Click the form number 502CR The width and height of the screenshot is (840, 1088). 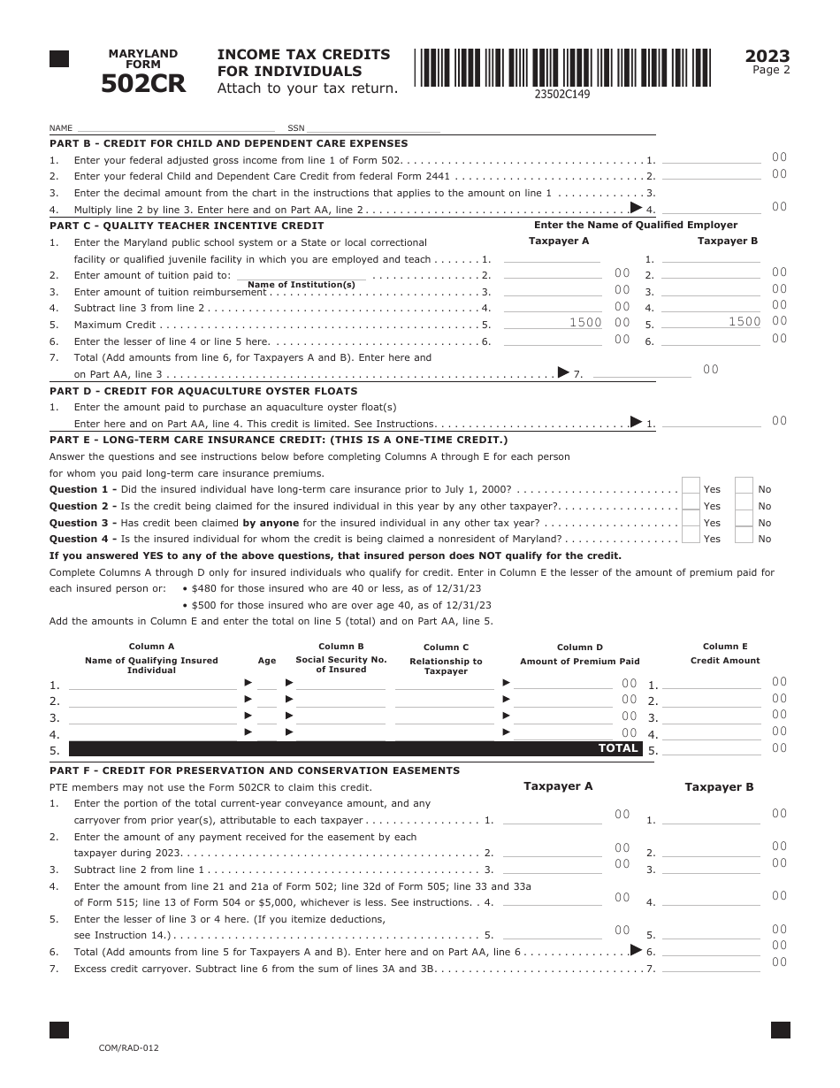(x=143, y=83)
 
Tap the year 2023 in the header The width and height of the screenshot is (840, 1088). (x=767, y=57)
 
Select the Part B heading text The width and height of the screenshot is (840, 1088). (x=228, y=143)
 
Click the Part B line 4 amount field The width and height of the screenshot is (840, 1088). (x=711, y=209)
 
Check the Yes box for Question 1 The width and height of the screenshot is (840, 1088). (x=691, y=488)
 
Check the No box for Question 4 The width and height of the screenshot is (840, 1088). (x=744, y=538)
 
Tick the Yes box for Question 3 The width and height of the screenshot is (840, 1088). (x=691, y=522)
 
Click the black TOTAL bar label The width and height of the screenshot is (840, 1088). (x=618, y=748)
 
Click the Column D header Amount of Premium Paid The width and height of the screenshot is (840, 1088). (x=579, y=661)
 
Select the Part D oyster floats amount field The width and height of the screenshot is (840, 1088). (x=711, y=423)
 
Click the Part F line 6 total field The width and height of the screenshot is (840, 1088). (x=711, y=951)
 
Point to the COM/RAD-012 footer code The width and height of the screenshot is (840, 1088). (x=129, y=1047)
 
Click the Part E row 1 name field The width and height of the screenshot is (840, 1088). (x=152, y=684)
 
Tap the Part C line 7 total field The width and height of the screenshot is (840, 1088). (x=641, y=373)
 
